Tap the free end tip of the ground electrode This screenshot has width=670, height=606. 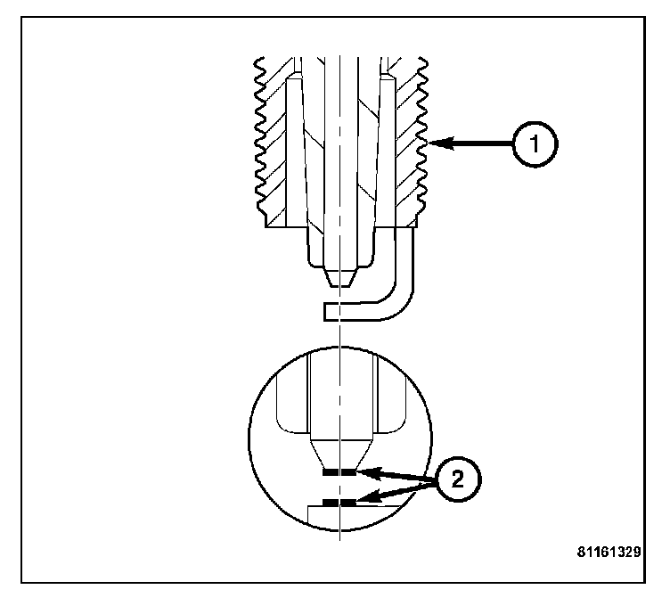pos(329,310)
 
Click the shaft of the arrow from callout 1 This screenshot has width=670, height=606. pos(481,142)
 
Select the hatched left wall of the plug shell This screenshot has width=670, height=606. pos(278,151)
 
